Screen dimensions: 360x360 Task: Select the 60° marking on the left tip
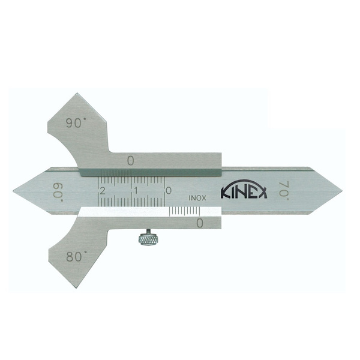click(58, 193)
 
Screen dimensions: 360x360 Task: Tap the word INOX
click(197, 198)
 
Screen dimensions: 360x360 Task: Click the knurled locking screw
click(148, 239)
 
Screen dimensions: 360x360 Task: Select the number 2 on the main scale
click(102, 191)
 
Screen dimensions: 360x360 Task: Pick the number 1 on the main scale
click(136, 191)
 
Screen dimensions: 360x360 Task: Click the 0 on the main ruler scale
click(169, 190)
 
